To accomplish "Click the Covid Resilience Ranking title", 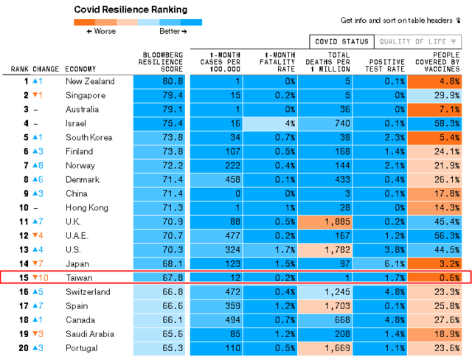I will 131,10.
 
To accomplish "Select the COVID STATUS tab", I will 340,42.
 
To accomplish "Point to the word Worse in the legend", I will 105,32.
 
